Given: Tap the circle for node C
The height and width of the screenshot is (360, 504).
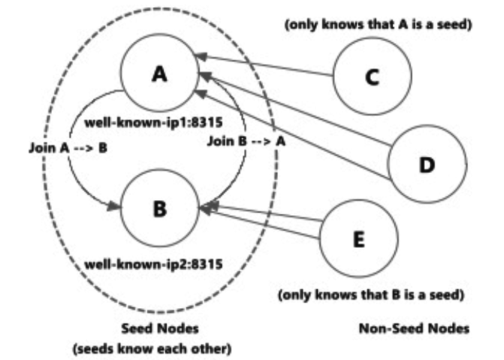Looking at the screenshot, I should [x=372, y=77].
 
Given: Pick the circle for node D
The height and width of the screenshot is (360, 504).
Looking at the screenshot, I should [x=426, y=163].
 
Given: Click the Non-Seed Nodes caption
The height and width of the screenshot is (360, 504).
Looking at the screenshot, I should [x=413, y=328].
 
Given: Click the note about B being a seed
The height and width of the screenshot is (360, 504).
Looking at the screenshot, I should [x=369, y=295].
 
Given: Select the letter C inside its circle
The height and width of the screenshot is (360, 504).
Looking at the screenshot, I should [x=372, y=78].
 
